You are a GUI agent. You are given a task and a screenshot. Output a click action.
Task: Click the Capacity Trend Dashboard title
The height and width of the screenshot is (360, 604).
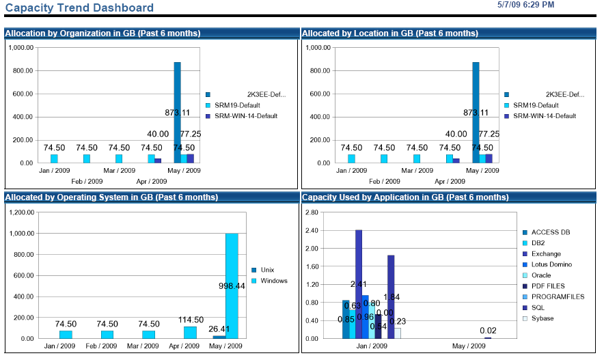(x=79, y=8)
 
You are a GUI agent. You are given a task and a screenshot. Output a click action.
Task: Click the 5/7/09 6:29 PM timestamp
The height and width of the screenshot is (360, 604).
(x=527, y=5)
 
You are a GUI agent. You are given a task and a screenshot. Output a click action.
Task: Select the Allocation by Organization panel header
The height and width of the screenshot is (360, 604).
(x=102, y=33)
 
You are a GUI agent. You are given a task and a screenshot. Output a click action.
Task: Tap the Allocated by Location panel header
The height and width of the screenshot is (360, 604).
(x=390, y=33)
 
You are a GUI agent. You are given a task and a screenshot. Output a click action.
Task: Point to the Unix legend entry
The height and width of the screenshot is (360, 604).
(x=267, y=270)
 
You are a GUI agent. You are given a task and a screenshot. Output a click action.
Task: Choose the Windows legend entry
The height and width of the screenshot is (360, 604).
(x=274, y=281)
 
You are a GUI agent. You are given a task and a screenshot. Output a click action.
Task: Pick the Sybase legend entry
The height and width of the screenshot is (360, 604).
(x=543, y=318)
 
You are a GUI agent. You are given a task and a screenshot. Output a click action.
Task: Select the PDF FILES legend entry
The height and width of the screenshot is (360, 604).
(x=548, y=286)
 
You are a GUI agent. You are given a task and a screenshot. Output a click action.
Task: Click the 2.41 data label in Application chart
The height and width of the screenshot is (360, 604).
(x=359, y=283)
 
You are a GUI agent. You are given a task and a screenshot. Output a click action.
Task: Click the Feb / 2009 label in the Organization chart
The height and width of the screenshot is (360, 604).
(x=87, y=182)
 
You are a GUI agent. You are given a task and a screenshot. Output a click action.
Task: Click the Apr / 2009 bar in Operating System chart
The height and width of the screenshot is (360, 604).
(x=190, y=333)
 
